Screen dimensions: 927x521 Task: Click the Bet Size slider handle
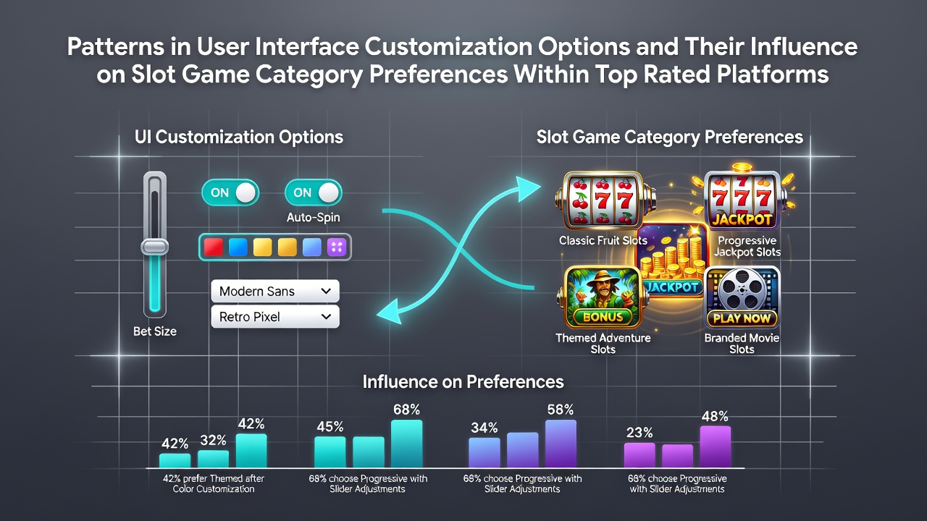point(155,247)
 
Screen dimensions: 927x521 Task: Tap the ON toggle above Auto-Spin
point(314,192)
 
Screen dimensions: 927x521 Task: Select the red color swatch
point(214,247)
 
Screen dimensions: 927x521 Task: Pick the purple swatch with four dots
point(337,247)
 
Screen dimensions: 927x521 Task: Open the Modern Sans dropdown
point(275,291)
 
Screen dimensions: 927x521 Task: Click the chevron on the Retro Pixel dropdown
point(326,317)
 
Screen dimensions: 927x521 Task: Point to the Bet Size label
point(155,331)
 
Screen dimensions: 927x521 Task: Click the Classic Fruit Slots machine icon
point(604,200)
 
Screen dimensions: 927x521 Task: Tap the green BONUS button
point(603,317)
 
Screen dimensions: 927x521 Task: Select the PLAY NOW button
point(742,318)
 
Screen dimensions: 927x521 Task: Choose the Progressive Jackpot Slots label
point(747,246)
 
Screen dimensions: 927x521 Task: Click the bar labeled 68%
point(407,444)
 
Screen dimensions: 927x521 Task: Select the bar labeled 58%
point(561,444)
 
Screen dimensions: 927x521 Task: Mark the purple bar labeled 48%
point(715,447)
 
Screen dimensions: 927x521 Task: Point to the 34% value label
point(485,428)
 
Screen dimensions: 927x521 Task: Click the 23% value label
point(639,433)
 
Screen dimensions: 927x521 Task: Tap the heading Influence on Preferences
point(463,381)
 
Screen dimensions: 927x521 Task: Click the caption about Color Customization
point(214,484)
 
